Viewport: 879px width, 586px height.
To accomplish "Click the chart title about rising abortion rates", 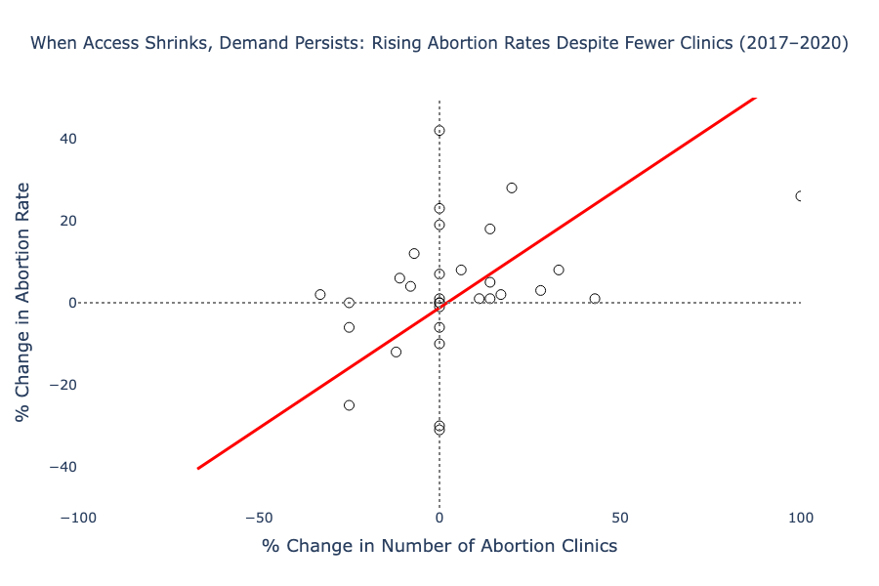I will coord(439,44).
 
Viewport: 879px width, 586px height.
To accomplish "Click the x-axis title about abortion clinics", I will coord(439,546).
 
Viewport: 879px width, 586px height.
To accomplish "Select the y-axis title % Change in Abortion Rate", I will coord(23,302).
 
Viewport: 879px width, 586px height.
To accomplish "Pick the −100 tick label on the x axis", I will coord(78,516).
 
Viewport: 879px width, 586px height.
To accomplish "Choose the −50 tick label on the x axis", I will coord(259,516).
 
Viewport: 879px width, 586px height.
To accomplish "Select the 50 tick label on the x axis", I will coord(620,516).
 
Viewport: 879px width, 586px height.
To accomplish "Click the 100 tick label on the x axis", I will coord(800,516).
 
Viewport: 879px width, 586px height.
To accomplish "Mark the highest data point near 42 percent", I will coord(439,130).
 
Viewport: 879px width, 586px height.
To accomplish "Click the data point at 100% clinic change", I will coord(800,196).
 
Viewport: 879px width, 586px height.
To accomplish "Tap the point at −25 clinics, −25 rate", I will coord(349,405).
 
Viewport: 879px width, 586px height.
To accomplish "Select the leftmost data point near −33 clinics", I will coord(320,294).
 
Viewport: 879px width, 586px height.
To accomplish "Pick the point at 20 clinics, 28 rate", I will coord(512,188).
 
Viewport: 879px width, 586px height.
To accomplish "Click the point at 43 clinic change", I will coord(595,299).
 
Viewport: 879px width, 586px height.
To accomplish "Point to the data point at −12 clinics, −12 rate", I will coord(396,352).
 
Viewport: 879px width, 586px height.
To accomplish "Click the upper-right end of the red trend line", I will coord(755,99).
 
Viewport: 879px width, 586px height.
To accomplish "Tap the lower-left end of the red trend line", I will coord(198,469).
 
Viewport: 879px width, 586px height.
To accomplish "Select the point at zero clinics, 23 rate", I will coord(439,208).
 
